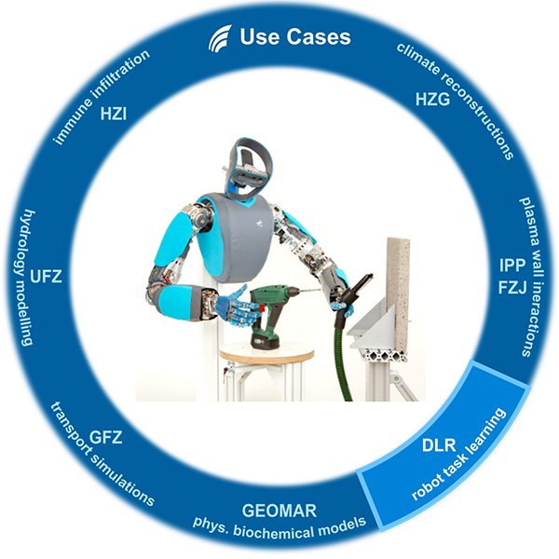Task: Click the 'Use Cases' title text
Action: (294, 37)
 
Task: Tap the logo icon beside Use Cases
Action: (219, 38)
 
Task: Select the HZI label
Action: (114, 116)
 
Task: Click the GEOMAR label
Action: (279, 511)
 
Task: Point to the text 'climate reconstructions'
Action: (457, 98)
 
